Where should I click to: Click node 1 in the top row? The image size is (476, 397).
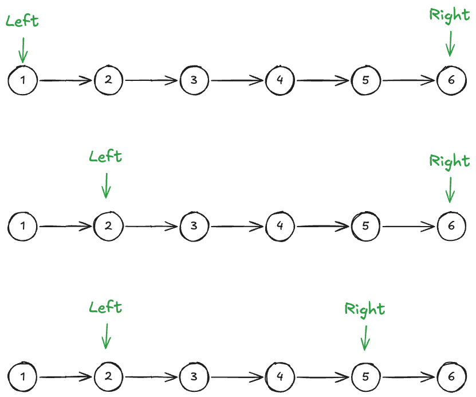click(22, 80)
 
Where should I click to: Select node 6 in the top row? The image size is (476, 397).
click(451, 80)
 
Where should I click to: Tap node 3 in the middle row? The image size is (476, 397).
click(194, 226)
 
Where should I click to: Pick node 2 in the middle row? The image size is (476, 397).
click(108, 226)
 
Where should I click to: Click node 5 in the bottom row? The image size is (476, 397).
click(365, 376)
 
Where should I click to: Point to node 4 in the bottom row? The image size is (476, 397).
click(280, 376)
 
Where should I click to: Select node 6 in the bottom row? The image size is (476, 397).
click(451, 376)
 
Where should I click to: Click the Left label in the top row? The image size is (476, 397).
click(22, 21)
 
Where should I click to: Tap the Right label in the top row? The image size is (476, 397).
click(450, 15)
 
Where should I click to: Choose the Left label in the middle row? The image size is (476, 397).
click(106, 156)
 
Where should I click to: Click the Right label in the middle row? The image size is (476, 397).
click(450, 161)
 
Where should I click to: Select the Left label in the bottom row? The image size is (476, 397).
click(106, 307)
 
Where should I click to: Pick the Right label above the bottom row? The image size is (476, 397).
click(365, 309)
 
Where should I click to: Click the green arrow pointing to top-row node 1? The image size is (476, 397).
click(23, 50)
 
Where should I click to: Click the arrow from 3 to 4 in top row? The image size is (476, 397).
click(237, 81)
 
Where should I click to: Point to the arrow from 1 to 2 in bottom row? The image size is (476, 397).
click(65, 377)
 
